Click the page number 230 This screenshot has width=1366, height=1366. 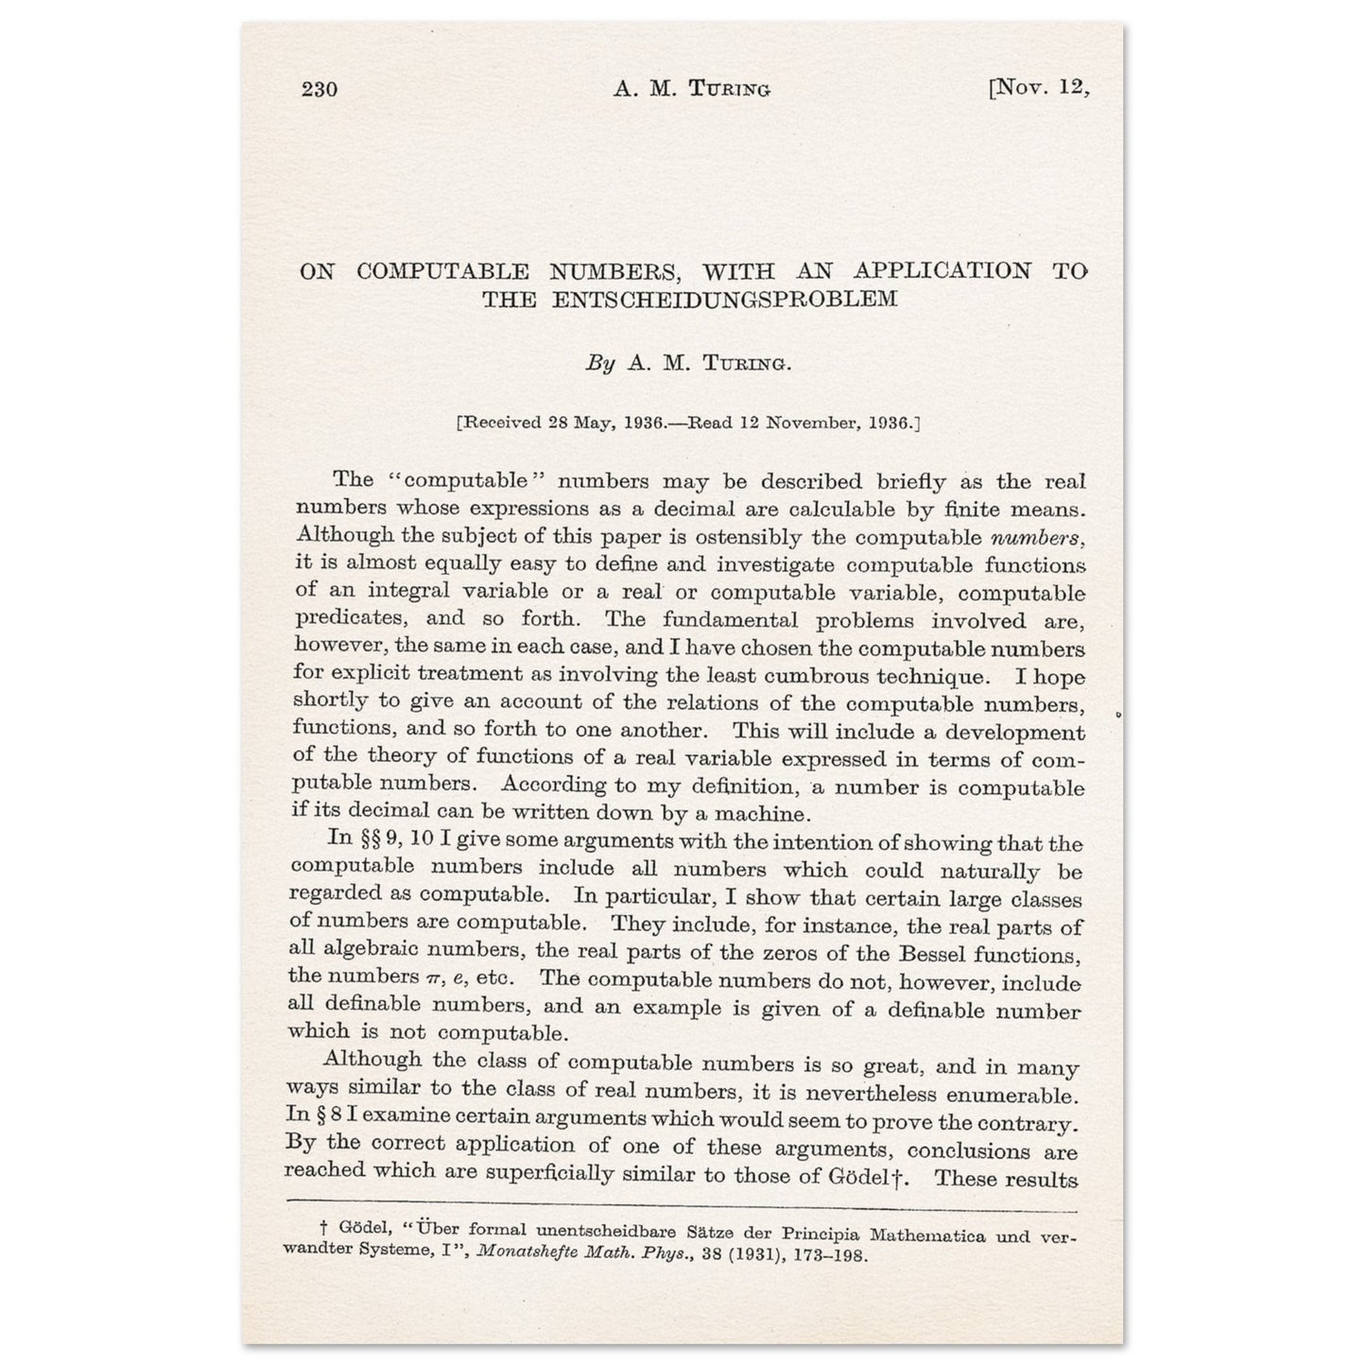[320, 90]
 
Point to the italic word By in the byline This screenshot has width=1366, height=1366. [600, 364]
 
